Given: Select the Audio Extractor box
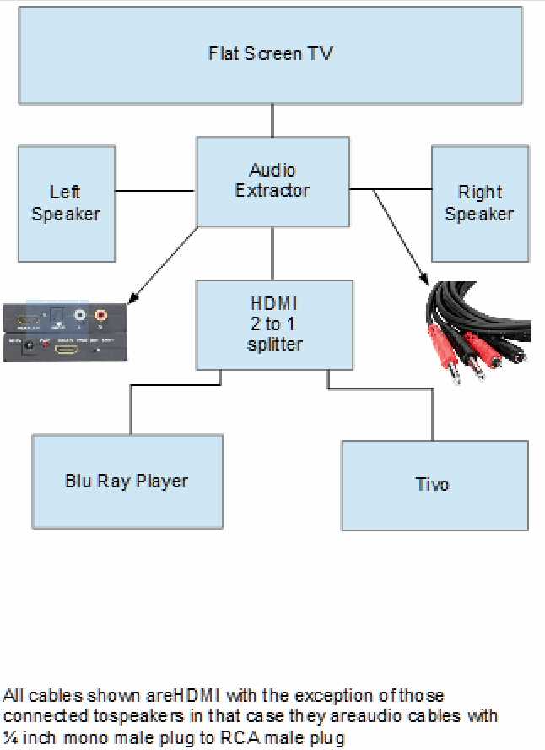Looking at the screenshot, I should pos(272,182).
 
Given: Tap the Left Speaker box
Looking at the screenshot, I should pos(66,204).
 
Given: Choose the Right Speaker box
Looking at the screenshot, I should pos(479,204).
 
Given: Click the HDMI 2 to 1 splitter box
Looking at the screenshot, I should pos(273,324).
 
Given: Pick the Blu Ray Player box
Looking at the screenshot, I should pos(127,481).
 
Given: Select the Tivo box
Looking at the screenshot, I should pos(434,485).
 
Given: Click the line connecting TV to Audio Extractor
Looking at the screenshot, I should pos(272,120).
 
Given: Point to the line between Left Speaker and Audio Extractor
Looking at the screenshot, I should pos(155,191).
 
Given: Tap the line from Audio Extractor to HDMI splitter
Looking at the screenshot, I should pos(272,253).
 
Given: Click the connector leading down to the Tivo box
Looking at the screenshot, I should pos(433,414).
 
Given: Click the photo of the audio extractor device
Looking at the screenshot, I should pos(64,331).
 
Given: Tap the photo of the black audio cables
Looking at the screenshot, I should pos(477,334).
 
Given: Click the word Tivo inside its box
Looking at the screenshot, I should pos(432,485).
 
